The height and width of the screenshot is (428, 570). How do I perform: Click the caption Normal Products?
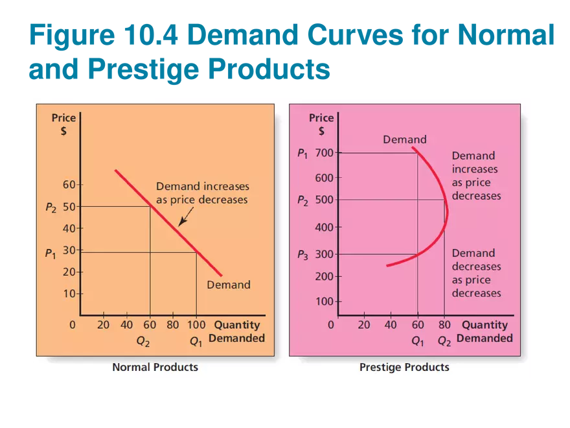click(155, 367)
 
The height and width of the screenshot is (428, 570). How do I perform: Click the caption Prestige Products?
click(404, 367)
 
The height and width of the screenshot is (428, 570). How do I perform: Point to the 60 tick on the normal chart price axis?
click(69, 185)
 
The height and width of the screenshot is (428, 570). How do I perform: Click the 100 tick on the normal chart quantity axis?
click(196, 325)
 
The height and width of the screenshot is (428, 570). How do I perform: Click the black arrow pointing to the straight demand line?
click(183, 219)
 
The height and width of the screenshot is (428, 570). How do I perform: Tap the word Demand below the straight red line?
click(228, 285)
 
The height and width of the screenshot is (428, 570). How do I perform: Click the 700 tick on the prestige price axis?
click(323, 153)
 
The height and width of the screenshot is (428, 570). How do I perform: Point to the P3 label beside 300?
click(303, 255)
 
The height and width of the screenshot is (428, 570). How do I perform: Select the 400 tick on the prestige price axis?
click(323, 228)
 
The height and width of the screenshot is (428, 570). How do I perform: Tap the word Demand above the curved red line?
click(404, 139)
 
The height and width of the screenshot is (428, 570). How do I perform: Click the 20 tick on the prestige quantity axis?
click(364, 325)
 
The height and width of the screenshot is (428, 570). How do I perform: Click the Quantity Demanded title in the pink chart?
click(484, 331)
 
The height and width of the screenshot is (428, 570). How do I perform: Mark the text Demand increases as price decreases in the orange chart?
click(201, 193)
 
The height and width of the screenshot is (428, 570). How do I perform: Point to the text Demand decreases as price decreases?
click(476, 273)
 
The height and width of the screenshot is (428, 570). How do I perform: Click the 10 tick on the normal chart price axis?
click(69, 294)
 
